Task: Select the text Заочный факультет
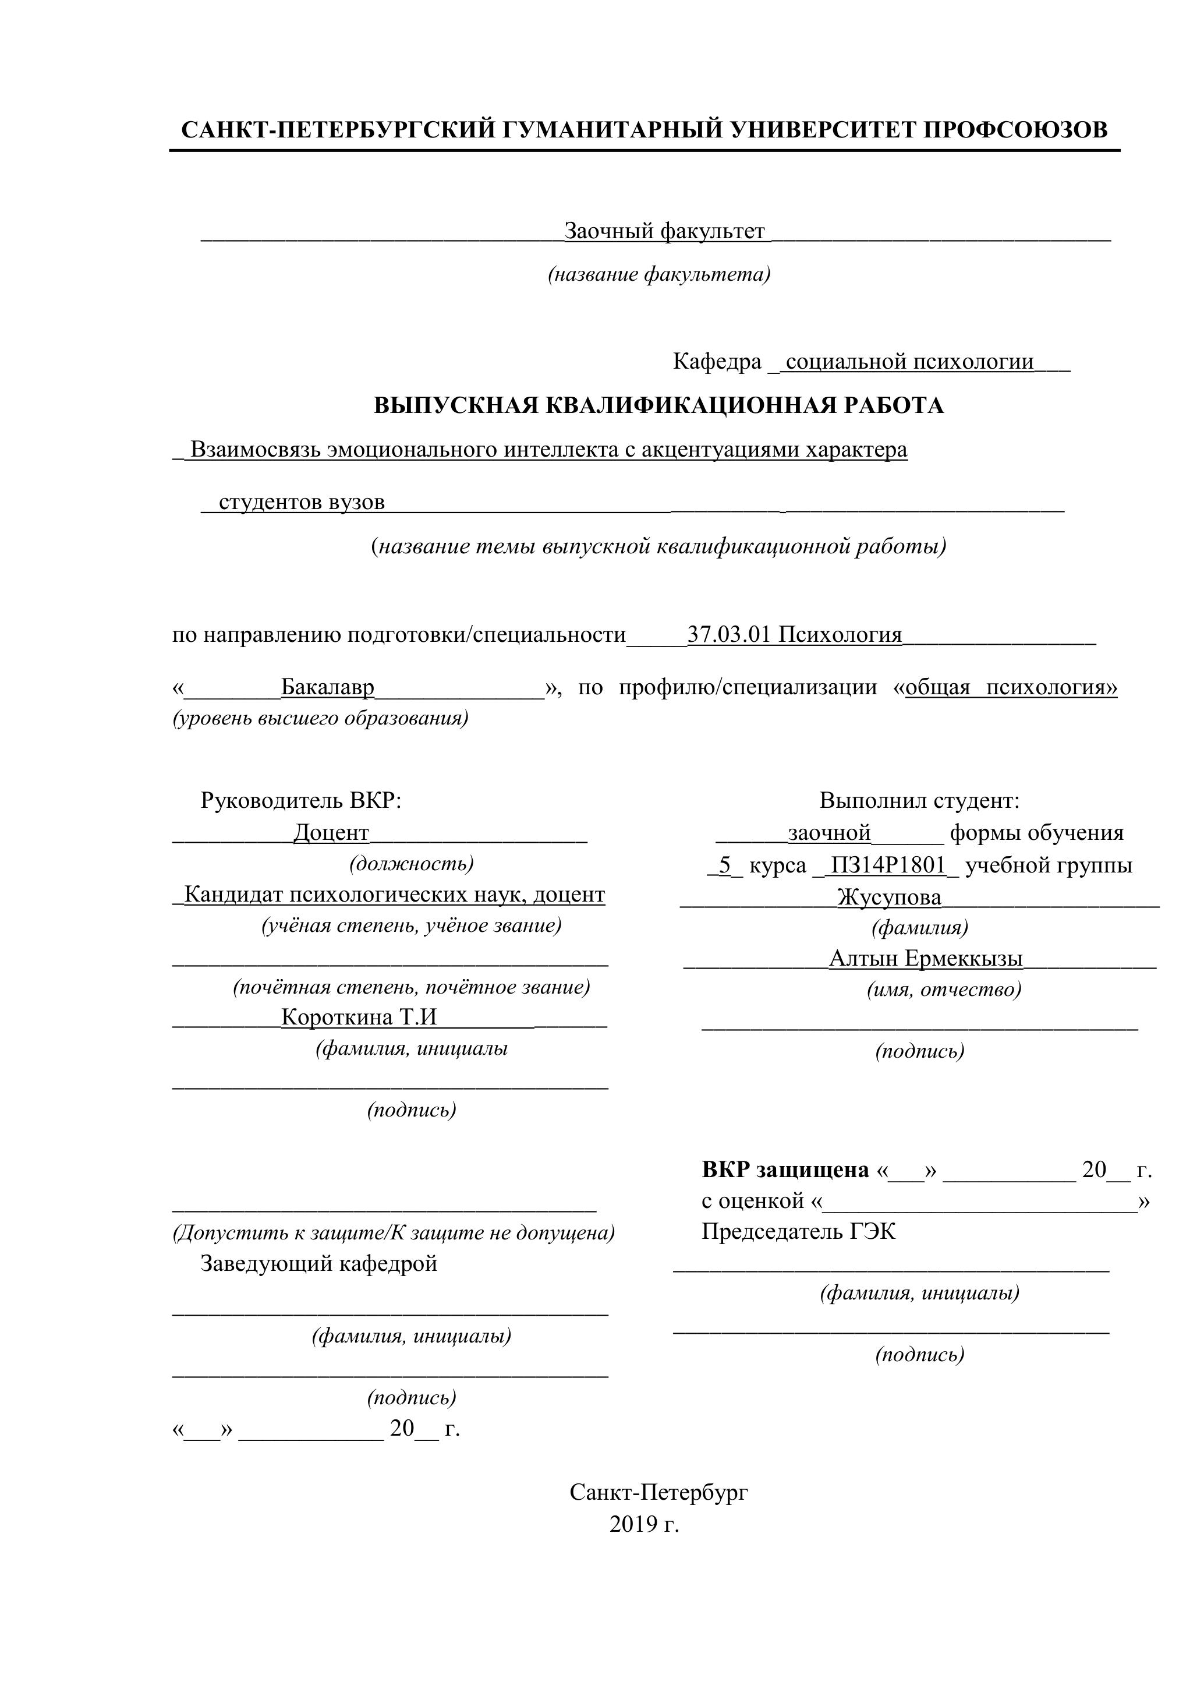click(664, 231)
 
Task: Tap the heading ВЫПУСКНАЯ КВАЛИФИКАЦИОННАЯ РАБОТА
click(658, 406)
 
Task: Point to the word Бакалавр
click(328, 688)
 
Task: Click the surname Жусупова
click(889, 898)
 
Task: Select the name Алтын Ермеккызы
click(925, 959)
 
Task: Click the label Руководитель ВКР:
click(301, 801)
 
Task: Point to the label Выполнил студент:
click(919, 801)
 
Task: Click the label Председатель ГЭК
click(798, 1232)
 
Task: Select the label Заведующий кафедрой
click(319, 1263)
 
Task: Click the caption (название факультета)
click(659, 275)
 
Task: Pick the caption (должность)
click(412, 863)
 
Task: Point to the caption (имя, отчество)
click(944, 990)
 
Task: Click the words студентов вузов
click(302, 503)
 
